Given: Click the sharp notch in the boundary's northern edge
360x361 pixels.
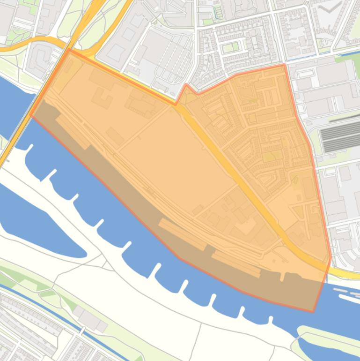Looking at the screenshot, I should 186,85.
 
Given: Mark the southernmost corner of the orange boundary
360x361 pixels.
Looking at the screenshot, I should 313,311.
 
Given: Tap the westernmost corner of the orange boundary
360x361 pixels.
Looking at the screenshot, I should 31,115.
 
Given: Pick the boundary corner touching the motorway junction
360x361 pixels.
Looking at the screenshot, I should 69,50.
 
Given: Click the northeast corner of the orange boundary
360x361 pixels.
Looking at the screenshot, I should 284,65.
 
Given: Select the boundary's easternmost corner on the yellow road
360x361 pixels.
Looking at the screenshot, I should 331,257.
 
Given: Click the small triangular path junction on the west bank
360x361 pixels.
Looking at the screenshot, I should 107,265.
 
